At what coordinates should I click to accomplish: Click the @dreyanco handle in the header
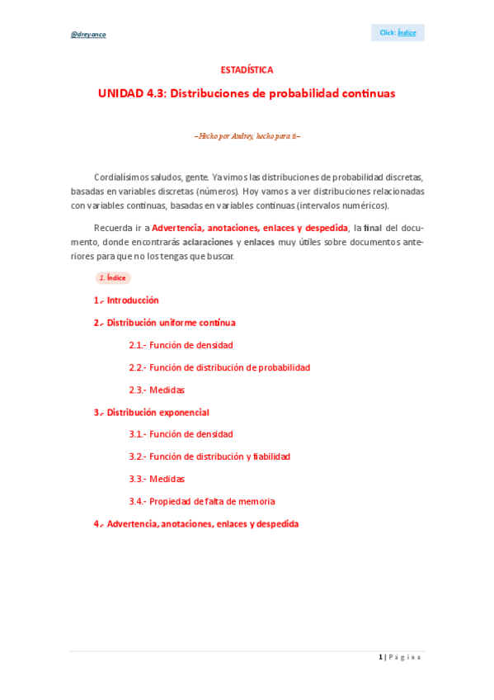point(88,34)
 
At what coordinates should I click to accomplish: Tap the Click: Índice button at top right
point(398,32)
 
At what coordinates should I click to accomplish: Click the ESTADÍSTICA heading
point(247,70)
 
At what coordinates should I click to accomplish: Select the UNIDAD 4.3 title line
point(247,93)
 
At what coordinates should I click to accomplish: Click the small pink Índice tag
point(111,278)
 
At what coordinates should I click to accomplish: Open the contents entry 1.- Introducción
point(126,300)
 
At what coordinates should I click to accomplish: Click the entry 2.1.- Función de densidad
point(181,345)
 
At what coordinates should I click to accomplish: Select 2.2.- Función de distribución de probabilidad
point(219,367)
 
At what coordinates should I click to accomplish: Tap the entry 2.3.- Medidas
point(157,390)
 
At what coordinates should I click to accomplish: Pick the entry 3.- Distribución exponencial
point(151,412)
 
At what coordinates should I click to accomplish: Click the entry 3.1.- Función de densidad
point(181,434)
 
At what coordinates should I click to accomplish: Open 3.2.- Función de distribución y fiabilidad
point(209,456)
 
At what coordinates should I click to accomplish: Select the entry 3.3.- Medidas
point(157,479)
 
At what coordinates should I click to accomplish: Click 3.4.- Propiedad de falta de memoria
point(202,501)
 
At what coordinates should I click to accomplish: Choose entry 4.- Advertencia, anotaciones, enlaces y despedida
point(195,523)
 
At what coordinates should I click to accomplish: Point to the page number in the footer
point(381,657)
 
